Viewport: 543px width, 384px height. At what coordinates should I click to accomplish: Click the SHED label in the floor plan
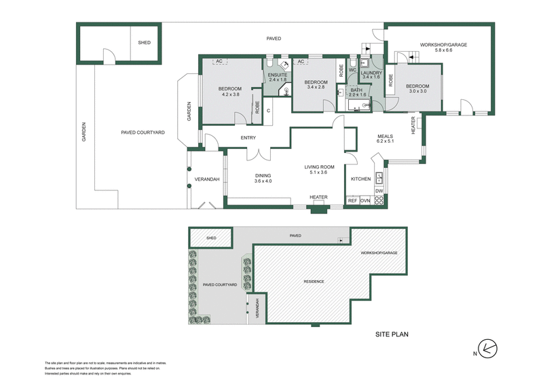pyautogui.click(x=145, y=43)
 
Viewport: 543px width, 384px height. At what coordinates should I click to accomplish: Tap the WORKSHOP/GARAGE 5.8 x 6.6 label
pyautogui.click(x=443, y=48)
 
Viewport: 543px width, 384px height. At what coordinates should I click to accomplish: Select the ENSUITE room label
pyautogui.click(x=278, y=76)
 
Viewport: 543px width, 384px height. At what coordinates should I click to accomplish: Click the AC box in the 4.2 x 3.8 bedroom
pyautogui.click(x=219, y=62)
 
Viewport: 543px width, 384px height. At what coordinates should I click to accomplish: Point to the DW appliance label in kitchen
pyautogui.click(x=379, y=191)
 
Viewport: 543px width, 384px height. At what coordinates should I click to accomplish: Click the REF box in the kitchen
pyautogui.click(x=352, y=200)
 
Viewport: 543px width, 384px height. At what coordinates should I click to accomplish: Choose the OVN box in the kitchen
pyautogui.click(x=364, y=200)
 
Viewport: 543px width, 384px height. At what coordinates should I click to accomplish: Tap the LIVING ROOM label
pyautogui.click(x=318, y=169)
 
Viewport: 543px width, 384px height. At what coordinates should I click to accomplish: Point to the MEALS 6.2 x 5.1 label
pyautogui.click(x=385, y=138)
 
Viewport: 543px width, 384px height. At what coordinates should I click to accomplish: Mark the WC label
pyautogui.click(x=353, y=70)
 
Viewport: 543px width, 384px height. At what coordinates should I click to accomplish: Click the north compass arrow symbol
pyautogui.click(x=488, y=348)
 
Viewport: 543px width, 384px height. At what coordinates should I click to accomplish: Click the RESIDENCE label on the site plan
pyautogui.click(x=314, y=281)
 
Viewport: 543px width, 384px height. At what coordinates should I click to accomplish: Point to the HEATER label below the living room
pyautogui.click(x=318, y=198)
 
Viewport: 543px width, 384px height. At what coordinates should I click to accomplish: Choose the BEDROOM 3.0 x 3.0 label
pyautogui.click(x=417, y=89)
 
